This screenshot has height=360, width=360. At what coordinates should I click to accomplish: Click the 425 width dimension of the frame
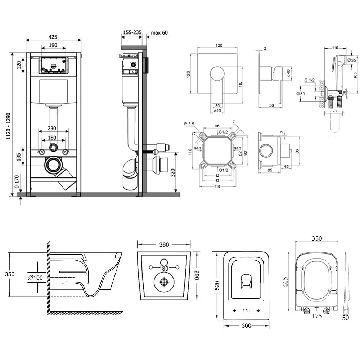pos(53,37)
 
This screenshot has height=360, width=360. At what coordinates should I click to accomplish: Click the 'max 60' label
pos(159,33)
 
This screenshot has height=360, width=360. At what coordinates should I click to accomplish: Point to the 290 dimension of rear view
pos(196,276)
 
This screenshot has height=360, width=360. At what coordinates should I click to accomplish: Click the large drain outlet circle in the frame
pos(54,165)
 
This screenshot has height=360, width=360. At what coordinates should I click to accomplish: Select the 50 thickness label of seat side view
pos(346,317)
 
